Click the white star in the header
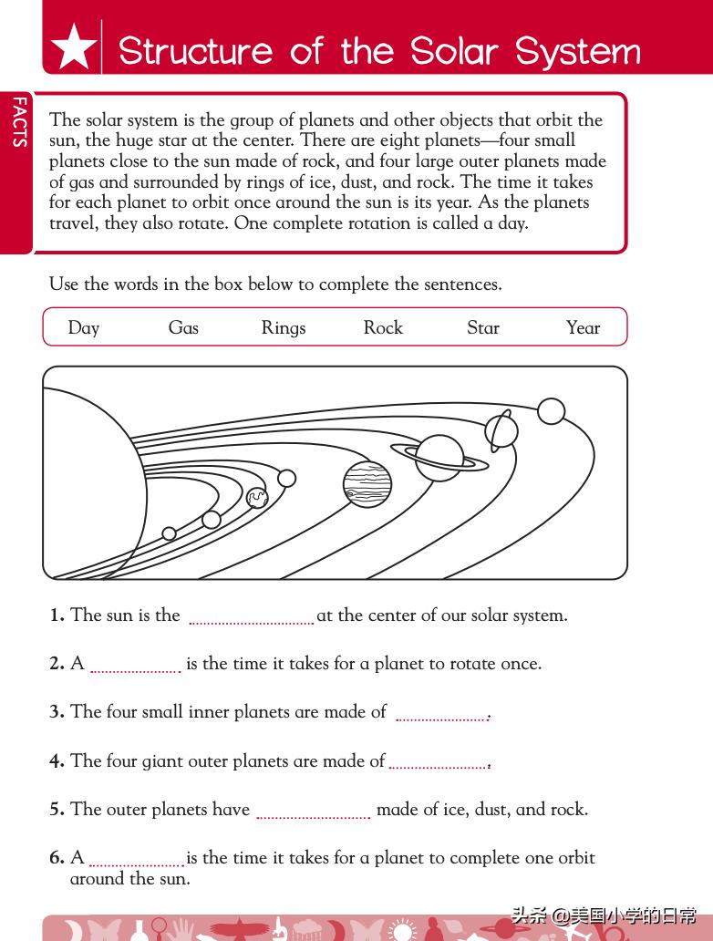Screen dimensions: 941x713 point(74,47)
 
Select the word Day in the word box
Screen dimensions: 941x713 point(83,328)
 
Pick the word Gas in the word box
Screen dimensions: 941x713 point(183,328)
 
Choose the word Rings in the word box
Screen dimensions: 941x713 point(284,328)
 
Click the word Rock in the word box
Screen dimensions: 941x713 point(383,328)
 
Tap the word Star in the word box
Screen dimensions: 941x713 point(483,328)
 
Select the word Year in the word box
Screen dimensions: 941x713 point(583,328)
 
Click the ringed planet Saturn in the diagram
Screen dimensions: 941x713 point(439,456)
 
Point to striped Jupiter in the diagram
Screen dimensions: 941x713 point(367,483)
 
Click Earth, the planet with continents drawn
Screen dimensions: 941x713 point(257,497)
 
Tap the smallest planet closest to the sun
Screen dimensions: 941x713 point(169,533)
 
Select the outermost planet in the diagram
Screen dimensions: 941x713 point(551,411)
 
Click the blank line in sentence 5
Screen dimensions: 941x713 point(313,814)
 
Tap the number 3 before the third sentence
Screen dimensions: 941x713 point(57,712)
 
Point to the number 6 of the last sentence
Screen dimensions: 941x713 point(57,858)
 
